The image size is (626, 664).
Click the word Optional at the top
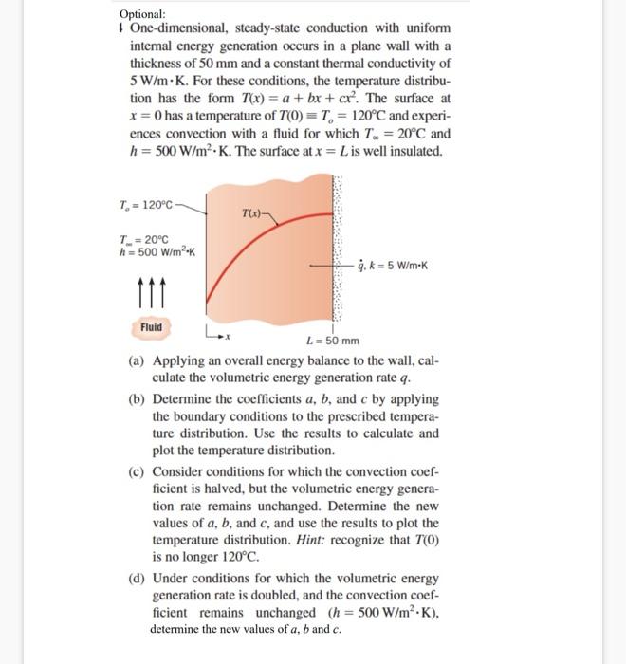(x=142, y=14)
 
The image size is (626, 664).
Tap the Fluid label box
(x=151, y=327)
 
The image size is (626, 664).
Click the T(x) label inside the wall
(x=251, y=213)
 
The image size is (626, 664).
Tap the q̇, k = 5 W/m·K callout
(x=396, y=267)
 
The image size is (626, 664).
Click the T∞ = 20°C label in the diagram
(x=140, y=240)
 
